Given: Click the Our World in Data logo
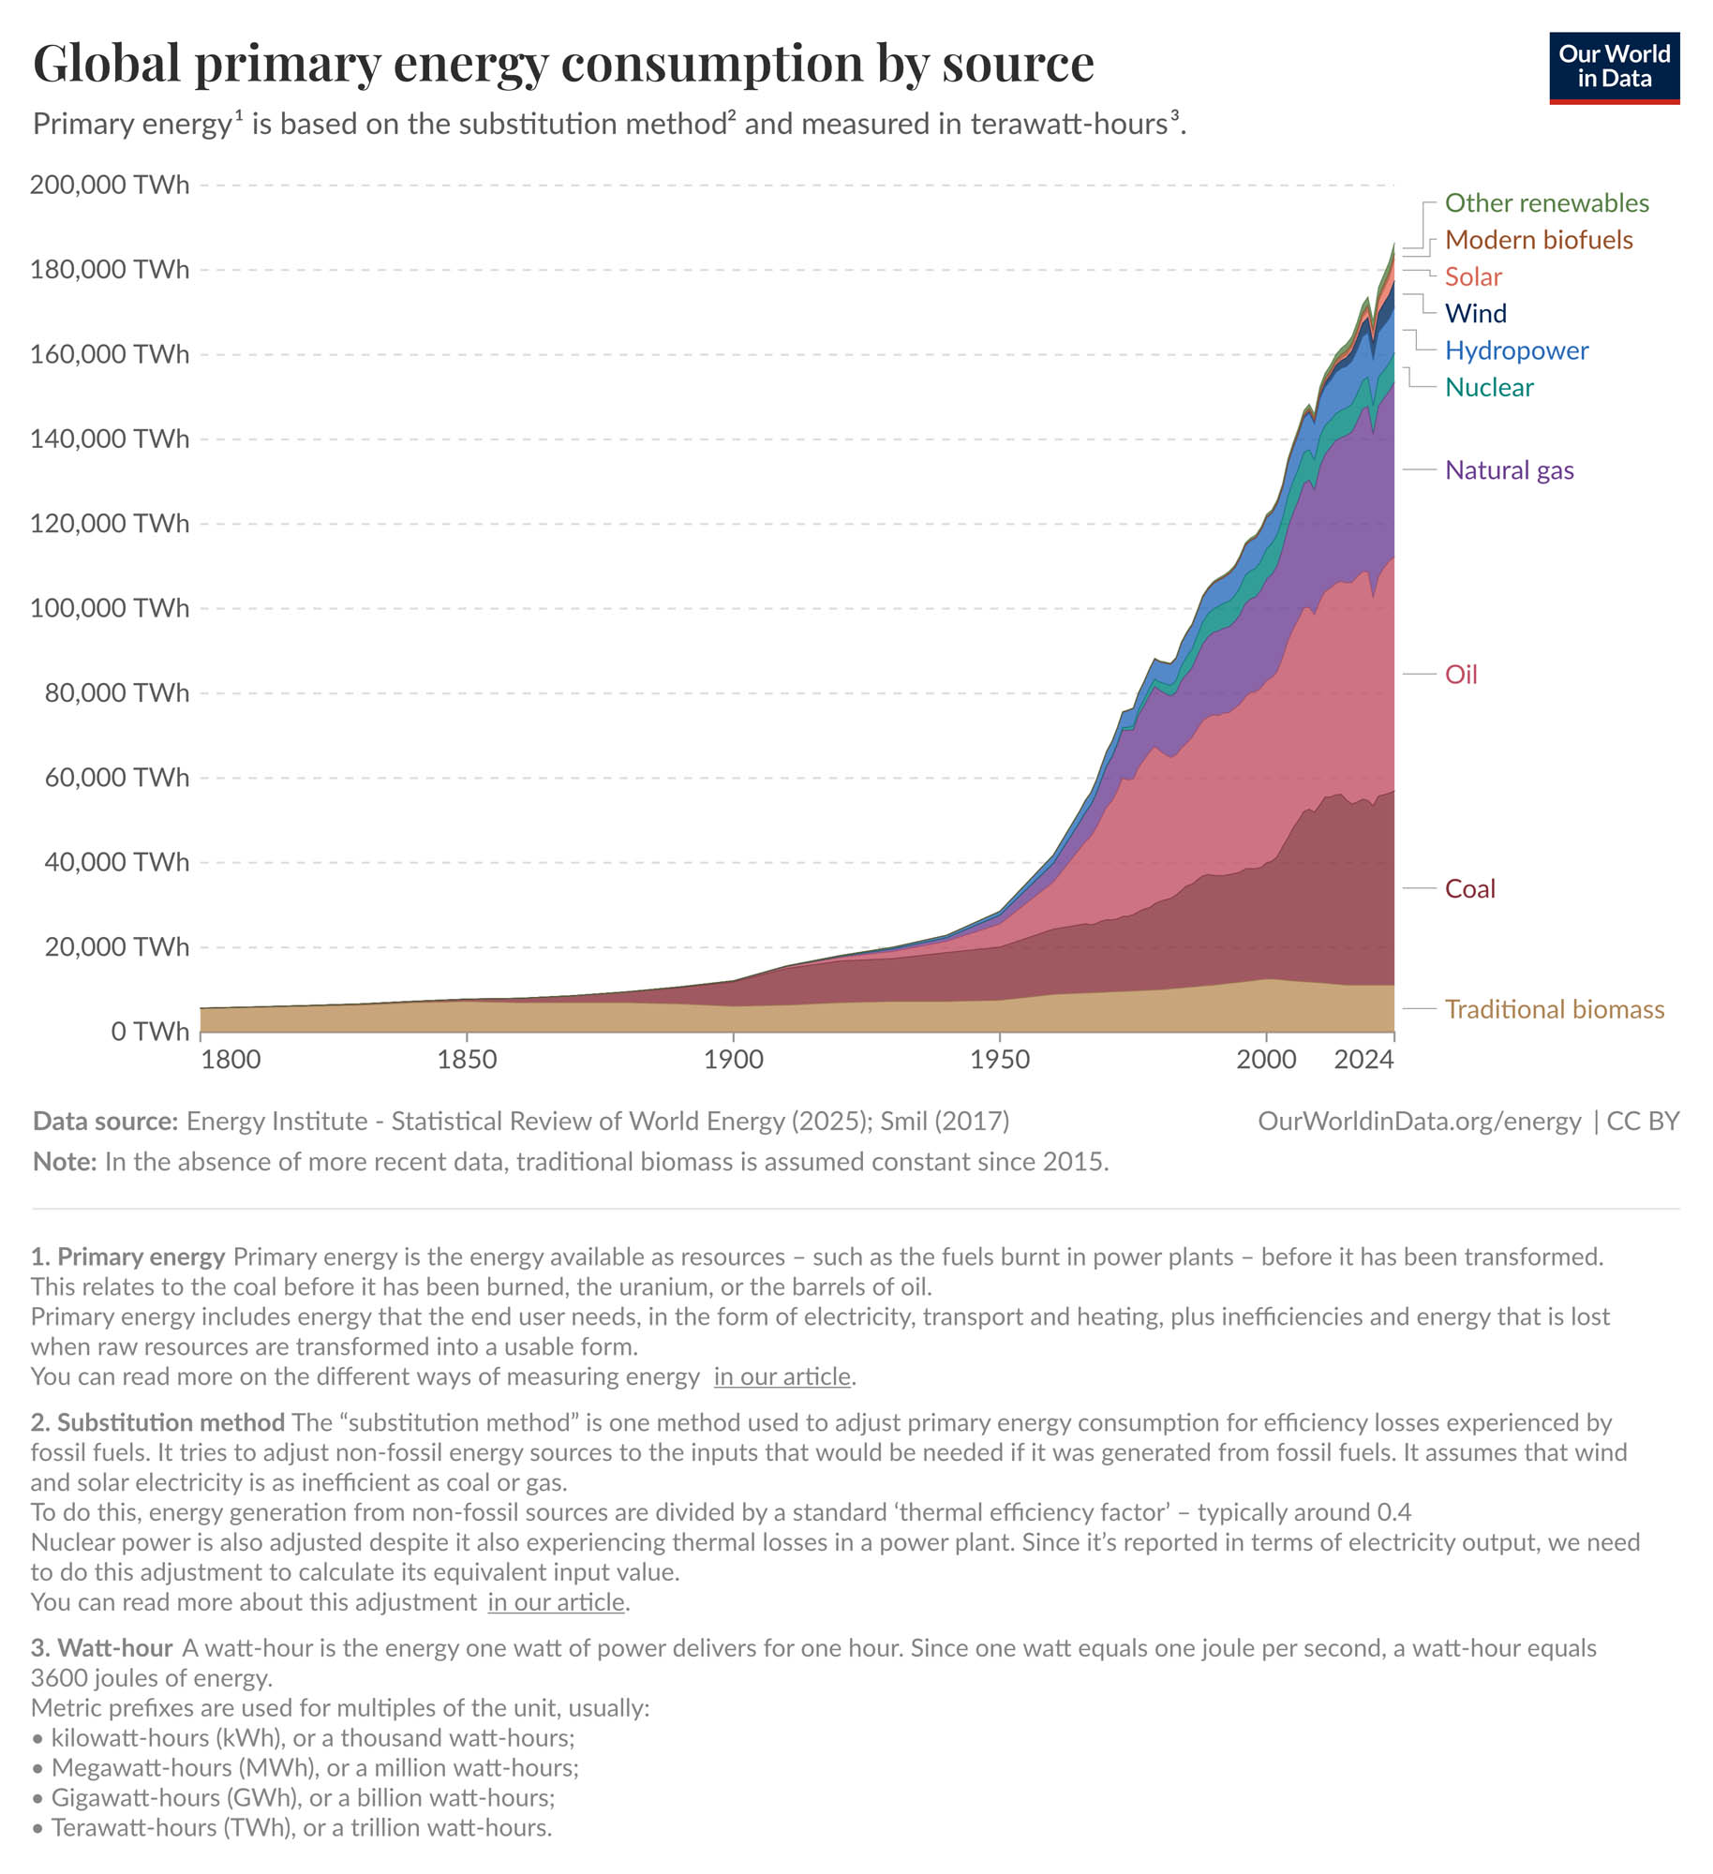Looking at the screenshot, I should coord(1613,67).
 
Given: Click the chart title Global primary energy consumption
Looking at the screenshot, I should coord(562,64).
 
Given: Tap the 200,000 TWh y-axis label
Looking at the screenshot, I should coord(110,185).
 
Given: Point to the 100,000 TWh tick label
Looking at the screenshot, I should coord(110,608).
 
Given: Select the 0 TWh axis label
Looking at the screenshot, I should coord(149,1032).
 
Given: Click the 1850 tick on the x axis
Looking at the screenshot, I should coord(467,1060).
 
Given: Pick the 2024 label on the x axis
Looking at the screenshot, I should coord(1363,1060).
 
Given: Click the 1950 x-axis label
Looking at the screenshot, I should coord(1000,1060).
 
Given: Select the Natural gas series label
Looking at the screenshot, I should coord(1509,470).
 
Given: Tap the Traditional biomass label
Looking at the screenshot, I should coord(1554,1009).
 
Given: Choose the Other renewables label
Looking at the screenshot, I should coord(1546,203).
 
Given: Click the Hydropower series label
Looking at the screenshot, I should coord(1516,350).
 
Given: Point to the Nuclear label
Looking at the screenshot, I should coord(1488,387).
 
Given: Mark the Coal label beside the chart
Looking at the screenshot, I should coord(1469,888).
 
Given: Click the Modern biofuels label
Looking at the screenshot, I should coord(1538,240).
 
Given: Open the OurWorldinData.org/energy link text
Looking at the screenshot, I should coord(1418,1122).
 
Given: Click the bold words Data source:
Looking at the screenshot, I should coord(105,1122).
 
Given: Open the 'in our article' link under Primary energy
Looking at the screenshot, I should coord(782,1376).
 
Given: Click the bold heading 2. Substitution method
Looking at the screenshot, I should coord(157,1422).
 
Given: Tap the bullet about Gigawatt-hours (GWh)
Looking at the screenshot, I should coord(302,1797).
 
